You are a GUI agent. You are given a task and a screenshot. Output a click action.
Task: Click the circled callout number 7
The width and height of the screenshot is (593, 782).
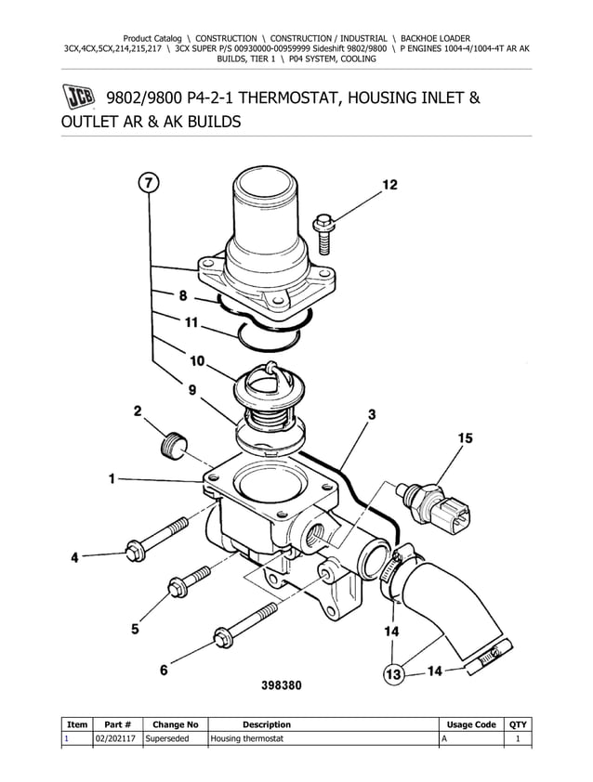149,182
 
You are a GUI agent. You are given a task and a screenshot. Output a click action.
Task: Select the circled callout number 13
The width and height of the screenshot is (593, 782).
395,671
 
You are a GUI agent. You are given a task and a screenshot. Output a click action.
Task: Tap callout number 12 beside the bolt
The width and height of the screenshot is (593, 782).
389,185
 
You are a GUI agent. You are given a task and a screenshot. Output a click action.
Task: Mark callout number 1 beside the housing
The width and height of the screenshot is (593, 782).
112,479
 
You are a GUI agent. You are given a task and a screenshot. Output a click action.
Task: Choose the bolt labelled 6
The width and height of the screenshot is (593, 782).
245,623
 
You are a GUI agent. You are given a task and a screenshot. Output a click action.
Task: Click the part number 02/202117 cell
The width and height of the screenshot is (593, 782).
117,738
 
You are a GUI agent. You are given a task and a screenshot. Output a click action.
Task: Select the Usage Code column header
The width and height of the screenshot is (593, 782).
471,724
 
